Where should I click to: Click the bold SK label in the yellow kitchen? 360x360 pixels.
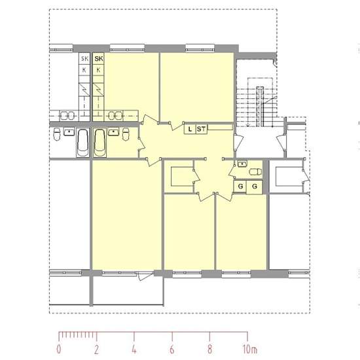point(99,59)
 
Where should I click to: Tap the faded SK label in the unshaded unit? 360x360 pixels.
point(84,59)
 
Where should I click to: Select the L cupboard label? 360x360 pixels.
point(190,129)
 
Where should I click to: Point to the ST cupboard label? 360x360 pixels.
point(202,129)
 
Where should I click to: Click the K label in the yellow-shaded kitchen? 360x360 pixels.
point(98,70)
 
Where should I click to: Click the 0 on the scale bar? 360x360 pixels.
point(59,350)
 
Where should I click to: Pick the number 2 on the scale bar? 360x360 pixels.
point(96,350)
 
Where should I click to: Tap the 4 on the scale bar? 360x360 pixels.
point(134,350)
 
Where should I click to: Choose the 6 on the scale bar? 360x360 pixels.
point(172,350)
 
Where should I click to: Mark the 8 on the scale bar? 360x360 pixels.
point(209,350)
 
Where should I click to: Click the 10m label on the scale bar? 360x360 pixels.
point(250,350)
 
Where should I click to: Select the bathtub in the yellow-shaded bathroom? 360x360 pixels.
point(100,143)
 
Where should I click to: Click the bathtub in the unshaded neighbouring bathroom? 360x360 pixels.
point(82,143)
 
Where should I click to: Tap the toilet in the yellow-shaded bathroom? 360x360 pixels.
point(126,134)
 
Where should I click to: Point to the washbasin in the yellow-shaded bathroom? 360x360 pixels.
point(113,132)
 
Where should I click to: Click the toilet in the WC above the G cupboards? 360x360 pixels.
point(255,171)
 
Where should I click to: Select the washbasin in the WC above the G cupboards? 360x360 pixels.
point(242,164)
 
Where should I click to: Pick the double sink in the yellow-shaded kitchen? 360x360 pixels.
point(115,115)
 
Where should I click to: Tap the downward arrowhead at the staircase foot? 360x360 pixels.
point(248,124)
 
